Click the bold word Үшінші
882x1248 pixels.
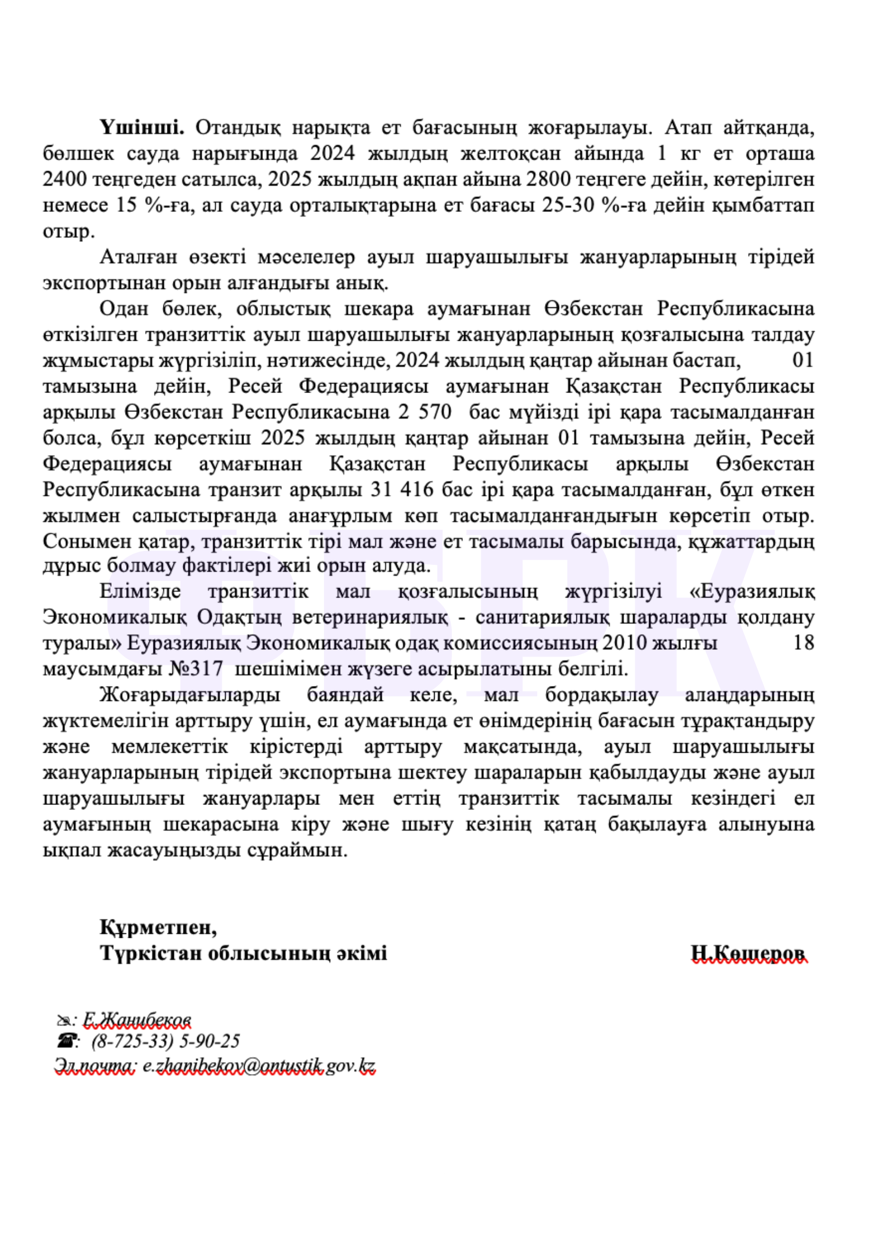142,128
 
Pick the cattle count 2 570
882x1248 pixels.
426,412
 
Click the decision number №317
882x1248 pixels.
196,668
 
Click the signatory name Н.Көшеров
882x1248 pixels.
748,953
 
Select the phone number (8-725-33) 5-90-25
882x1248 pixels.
166,1041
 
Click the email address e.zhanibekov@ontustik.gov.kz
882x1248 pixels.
258,1066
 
